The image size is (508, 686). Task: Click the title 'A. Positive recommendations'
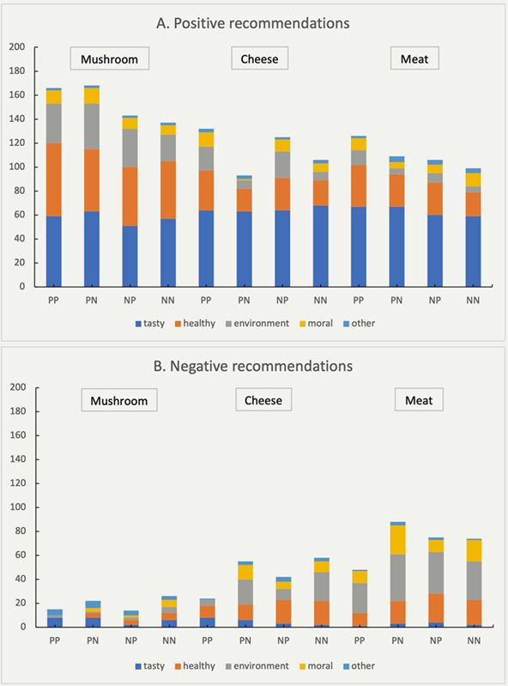point(252,23)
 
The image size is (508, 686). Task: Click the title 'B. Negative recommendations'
point(252,366)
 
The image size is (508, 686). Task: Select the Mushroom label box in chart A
point(110,58)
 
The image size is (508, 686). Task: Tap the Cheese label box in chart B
point(263,400)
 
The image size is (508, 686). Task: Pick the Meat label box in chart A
point(414,58)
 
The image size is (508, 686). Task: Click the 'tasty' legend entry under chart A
point(150,324)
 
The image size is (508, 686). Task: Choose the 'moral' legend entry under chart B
point(316,666)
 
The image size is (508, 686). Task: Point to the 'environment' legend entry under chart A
point(257,324)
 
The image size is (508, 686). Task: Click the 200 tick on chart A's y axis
point(17,47)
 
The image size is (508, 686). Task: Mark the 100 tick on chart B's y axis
point(17,507)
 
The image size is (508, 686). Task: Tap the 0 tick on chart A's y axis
point(22,287)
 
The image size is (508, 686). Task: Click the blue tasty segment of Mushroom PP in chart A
point(54,252)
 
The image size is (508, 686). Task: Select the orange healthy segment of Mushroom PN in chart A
point(92,180)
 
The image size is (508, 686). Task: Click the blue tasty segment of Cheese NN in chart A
point(320,246)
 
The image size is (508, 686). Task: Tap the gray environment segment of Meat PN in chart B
point(397,578)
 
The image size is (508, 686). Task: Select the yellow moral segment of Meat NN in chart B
point(474,550)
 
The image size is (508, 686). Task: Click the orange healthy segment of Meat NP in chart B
point(436,608)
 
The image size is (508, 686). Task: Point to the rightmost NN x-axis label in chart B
point(474,640)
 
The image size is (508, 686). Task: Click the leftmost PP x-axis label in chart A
point(53,301)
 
